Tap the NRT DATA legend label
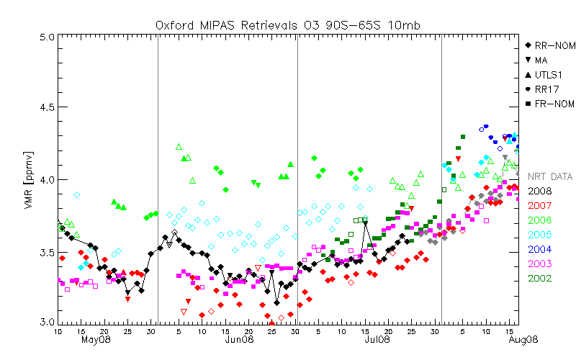pos(550,176)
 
